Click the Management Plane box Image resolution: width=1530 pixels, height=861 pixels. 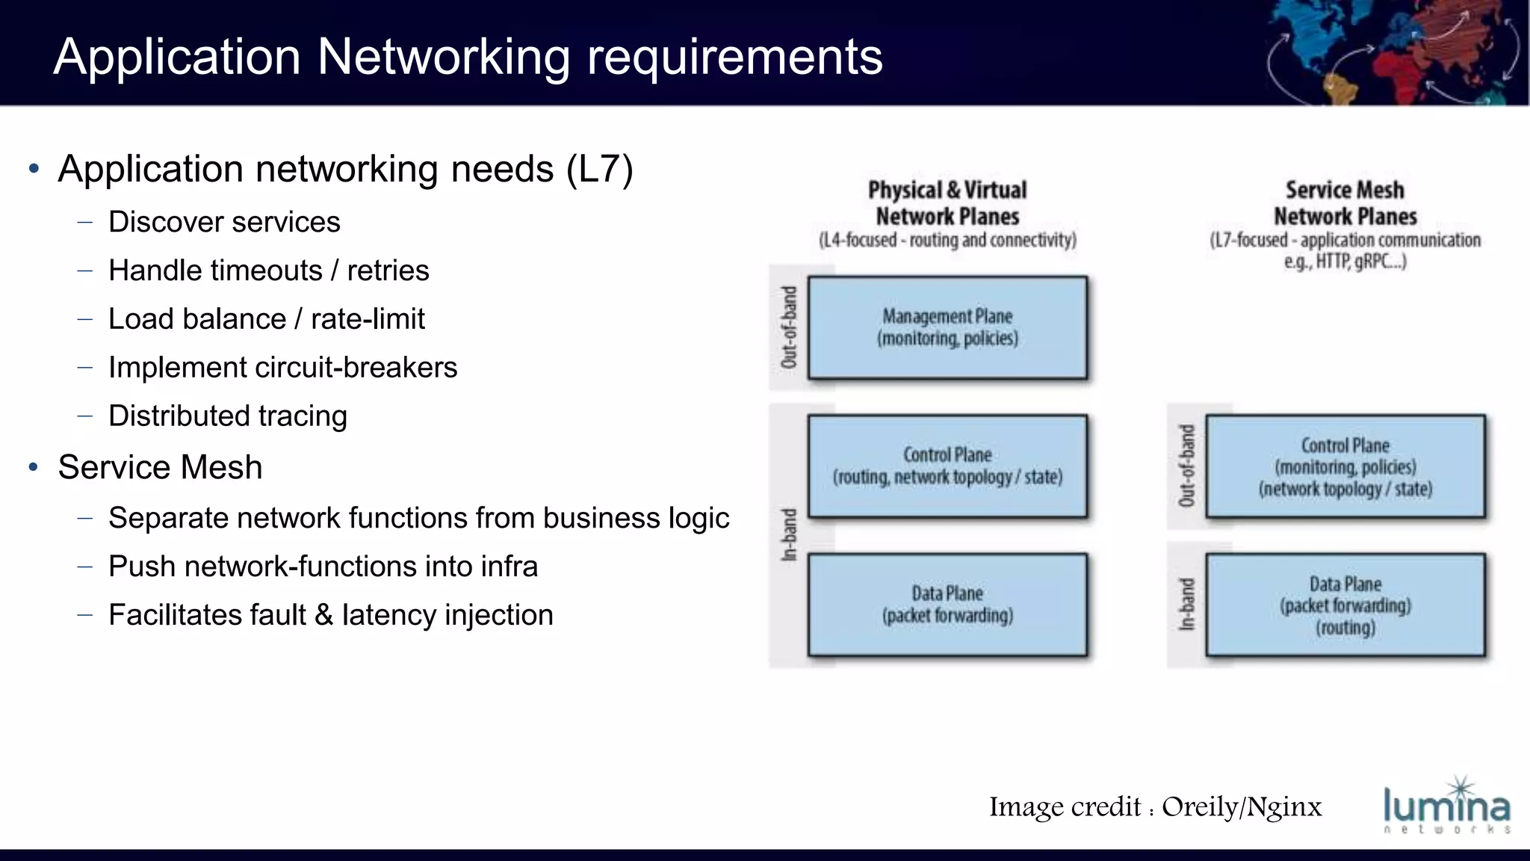[947, 327]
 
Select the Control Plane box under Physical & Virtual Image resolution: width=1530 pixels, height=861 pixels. [947, 466]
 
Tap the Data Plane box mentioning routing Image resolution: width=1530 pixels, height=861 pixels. [1345, 605]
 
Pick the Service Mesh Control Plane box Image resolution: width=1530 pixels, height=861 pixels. [1345, 466]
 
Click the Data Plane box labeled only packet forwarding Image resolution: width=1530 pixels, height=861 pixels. [947, 605]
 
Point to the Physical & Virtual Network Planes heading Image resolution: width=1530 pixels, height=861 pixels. [947, 203]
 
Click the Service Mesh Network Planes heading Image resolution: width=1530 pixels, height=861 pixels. [1345, 203]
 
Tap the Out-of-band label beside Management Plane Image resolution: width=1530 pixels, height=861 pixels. [789, 327]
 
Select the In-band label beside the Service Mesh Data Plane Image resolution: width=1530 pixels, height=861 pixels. [1186, 605]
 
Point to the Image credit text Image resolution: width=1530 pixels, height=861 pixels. [1155, 807]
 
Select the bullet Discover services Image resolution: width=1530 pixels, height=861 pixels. [224, 222]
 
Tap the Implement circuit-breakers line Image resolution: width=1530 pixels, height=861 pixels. [282, 368]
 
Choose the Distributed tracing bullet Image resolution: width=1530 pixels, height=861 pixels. [228, 416]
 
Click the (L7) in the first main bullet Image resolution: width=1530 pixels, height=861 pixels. [600, 169]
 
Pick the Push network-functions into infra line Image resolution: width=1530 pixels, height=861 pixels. [323, 567]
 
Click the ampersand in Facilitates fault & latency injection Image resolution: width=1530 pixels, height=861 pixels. [323, 615]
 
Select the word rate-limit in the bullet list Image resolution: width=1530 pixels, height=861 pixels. [368, 319]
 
